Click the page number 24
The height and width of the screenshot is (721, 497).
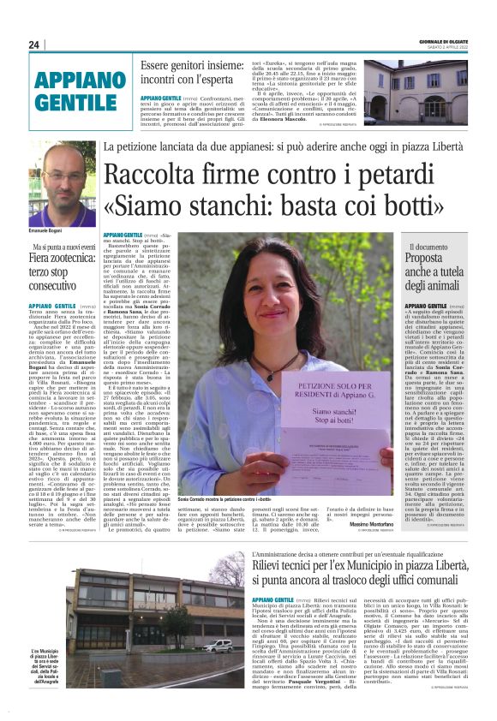click(x=34, y=45)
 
